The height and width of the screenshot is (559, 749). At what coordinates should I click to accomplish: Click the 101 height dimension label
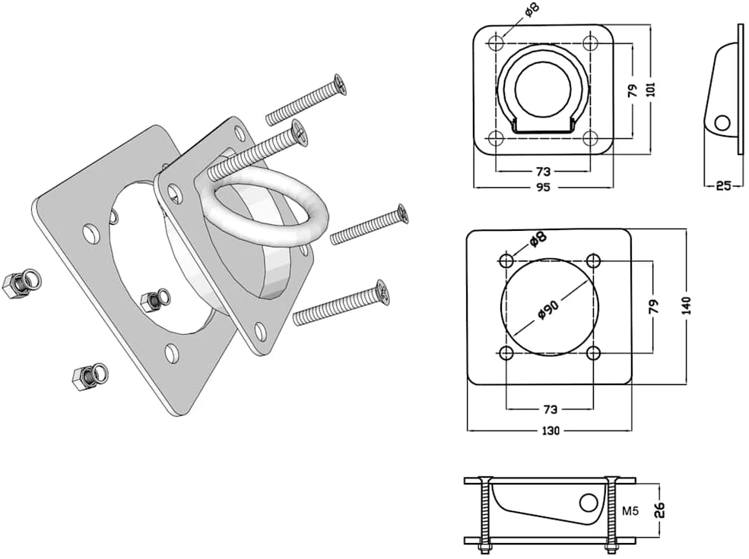tap(651, 90)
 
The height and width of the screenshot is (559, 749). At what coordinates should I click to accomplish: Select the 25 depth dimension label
tap(724, 185)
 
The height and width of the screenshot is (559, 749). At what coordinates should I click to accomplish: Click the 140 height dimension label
tap(687, 305)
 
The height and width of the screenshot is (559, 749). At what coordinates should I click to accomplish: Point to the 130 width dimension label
tap(551, 431)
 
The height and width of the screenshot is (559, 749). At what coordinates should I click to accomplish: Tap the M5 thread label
tap(630, 511)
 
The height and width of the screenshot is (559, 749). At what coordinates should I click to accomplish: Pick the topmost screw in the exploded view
tap(306, 99)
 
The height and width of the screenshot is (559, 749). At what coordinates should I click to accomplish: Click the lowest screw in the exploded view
tap(341, 304)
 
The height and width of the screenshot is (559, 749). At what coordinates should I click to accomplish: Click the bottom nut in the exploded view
tap(90, 376)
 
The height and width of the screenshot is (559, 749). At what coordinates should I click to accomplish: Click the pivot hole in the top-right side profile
tap(722, 123)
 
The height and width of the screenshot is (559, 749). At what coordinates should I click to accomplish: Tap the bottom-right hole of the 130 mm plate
tap(593, 353)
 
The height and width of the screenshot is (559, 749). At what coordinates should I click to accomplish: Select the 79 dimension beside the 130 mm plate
tap(654, 306)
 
